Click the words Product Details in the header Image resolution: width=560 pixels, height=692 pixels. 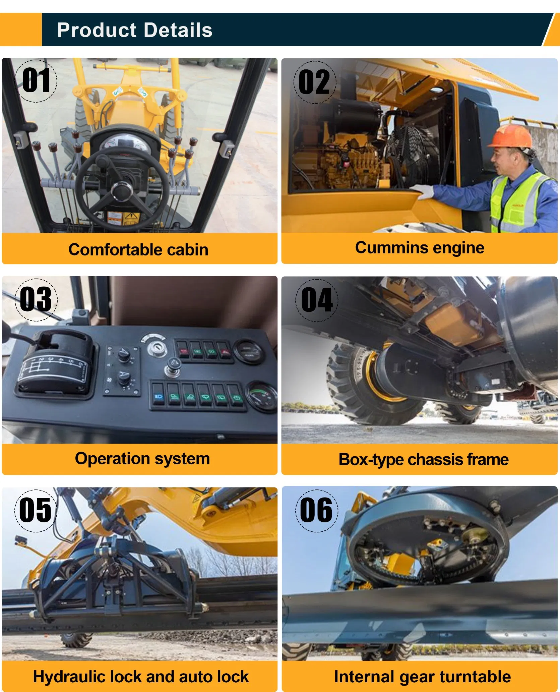pyautogui.click(x=135, y=30)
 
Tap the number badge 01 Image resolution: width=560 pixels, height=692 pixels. pyautogui.click(x=36, y=81)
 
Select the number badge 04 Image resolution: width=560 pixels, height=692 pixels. pyautogui.click(x=317, y=300)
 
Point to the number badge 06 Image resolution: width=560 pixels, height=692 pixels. pyautogui.click(x=317, y=510)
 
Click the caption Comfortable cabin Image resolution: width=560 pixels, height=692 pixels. pyautogui.click(x=138, y=249)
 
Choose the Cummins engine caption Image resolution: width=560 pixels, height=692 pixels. pyautogui.click(x=420, y=248)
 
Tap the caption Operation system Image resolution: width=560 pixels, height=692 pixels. pyautogui.click(x=142, y=458)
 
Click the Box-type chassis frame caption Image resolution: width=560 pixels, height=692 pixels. pyautogui.click(x=424, y=459)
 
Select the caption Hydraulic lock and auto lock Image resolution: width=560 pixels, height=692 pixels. pyautogui.click(x=141, y=677)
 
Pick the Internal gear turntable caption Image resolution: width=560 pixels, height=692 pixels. pyautogui.click(x=423, y=677)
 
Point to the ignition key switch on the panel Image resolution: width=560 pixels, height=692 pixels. pyautogui.click(x=156, y=350)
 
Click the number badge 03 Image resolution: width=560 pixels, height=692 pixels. pyautogui.click(x=36, y=299)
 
